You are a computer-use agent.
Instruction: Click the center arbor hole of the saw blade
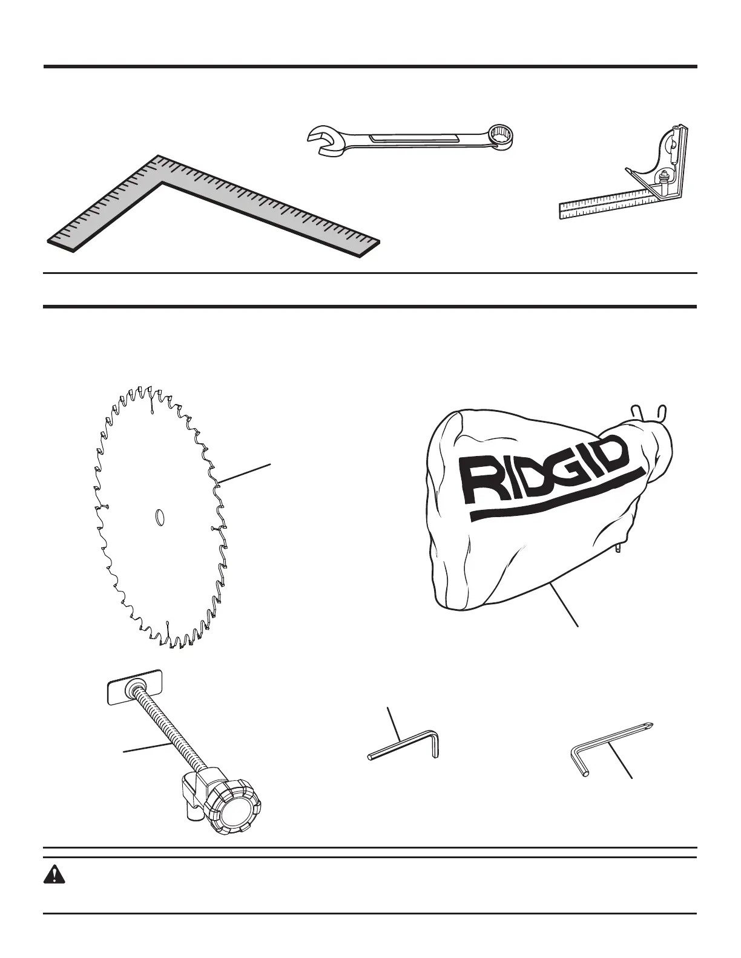pyautogui.click(x=160, y=518)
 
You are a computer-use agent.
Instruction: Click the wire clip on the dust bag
pyautogui.click(x=648, y=411)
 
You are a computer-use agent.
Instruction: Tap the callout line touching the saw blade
pyautogui.click(x=245, y=473)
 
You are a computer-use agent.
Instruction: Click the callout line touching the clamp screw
pyautogui.click(x=145, y=747)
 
